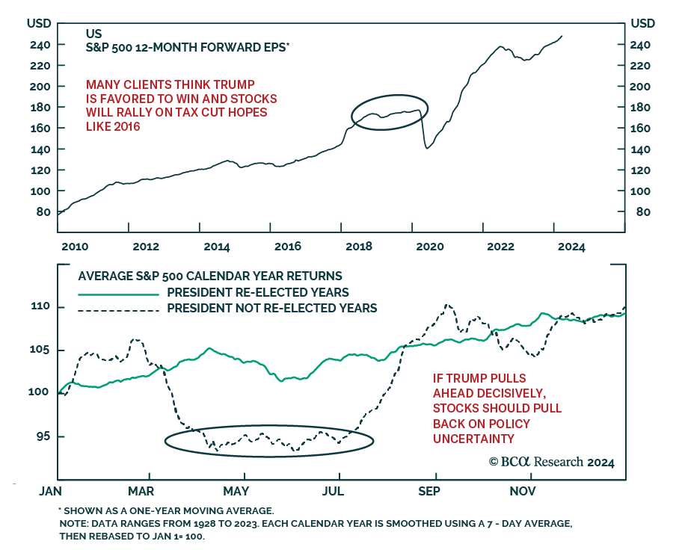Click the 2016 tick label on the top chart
click(288, 247)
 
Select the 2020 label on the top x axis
click(430, 247)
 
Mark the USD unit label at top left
click(39, 23)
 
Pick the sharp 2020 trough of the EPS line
click(427, 148)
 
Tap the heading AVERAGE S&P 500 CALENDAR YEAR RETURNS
click(210, 275)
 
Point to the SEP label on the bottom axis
click(429, 491)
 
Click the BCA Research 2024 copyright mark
click(552, 463)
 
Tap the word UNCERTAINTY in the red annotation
click(474, 437)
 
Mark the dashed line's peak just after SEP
click(446, 305)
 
